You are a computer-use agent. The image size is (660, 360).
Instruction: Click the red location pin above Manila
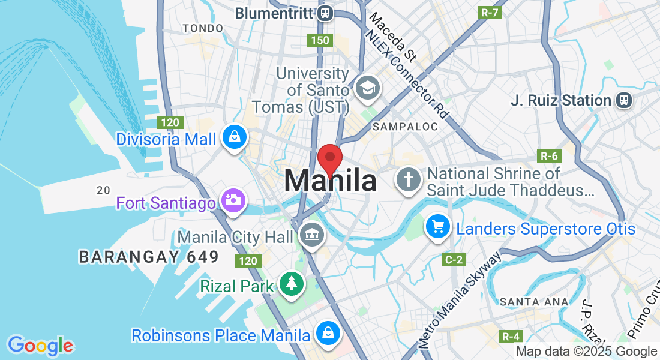pos(329,158)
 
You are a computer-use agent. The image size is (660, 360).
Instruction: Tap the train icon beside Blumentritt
pos(325,13)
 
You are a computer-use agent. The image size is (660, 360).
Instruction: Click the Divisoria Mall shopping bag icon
pos(232,137)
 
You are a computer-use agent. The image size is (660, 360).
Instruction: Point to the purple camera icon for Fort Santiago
pos(232,200)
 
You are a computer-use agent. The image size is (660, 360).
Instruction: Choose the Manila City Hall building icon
pos(311,233)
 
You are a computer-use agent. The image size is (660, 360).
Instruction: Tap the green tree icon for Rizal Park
pos(292,283)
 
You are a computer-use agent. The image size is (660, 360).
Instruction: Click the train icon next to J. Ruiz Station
pos(625,100)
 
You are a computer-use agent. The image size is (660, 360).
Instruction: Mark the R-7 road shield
pos(490,12)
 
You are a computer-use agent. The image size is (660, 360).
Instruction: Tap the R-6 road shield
pos(549,156)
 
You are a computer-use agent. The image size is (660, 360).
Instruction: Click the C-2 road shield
pos(454,260)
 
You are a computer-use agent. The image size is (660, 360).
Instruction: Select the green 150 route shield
pos(319,40)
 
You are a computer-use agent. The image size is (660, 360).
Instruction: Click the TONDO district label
pos(203,28)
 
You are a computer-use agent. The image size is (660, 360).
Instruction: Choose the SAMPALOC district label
pos(398,127)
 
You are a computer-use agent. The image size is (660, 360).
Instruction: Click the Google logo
pos(40,346)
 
